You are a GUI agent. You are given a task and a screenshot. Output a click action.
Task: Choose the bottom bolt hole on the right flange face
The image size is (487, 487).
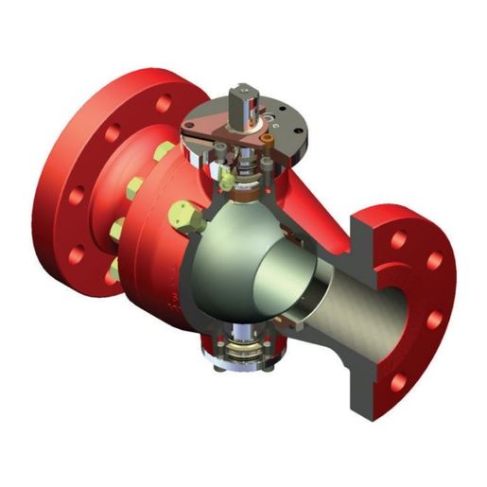398,381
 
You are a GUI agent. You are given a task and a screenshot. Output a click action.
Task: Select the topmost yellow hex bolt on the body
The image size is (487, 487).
165,151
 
